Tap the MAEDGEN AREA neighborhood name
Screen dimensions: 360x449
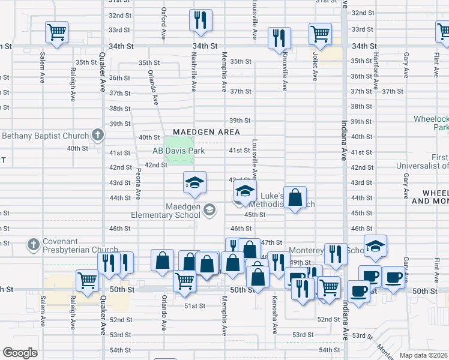206,132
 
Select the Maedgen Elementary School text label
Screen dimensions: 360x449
166,210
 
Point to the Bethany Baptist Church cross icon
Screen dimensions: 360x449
98,136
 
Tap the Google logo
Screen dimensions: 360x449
20,353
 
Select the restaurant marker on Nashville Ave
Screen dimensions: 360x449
200,20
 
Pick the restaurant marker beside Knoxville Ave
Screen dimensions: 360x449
279,37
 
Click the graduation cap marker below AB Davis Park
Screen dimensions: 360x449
194,182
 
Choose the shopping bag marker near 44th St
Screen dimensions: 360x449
295,197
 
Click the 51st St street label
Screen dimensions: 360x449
194,305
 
